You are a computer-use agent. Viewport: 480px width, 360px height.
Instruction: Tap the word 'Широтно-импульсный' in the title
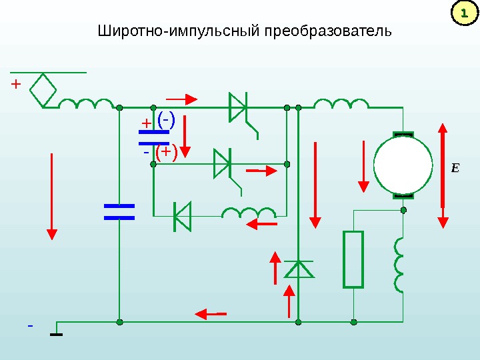click(179, 32)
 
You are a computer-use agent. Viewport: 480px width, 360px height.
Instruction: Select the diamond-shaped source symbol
click(45, 89)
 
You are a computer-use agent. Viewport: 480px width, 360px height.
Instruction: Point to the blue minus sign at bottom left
click(29, 326)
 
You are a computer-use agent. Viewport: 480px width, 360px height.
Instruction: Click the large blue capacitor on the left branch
click(119, 212)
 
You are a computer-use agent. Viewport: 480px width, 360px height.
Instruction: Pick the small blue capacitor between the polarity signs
click(153, 137)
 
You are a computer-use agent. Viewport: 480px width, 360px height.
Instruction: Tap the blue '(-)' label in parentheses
click(166, 119)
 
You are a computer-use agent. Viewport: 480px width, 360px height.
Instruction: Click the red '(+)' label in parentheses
click(166, 153)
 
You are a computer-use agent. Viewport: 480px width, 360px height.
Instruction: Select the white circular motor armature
click(403, 166)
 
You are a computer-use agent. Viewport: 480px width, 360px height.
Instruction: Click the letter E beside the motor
click(455, 168)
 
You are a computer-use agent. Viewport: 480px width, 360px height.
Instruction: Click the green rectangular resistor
click(353, 259)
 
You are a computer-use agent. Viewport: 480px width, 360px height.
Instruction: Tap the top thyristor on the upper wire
click(239, 107)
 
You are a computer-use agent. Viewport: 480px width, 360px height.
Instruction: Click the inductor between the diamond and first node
click(87, 104)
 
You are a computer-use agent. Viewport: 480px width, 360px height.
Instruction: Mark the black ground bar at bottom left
click(57, 335)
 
